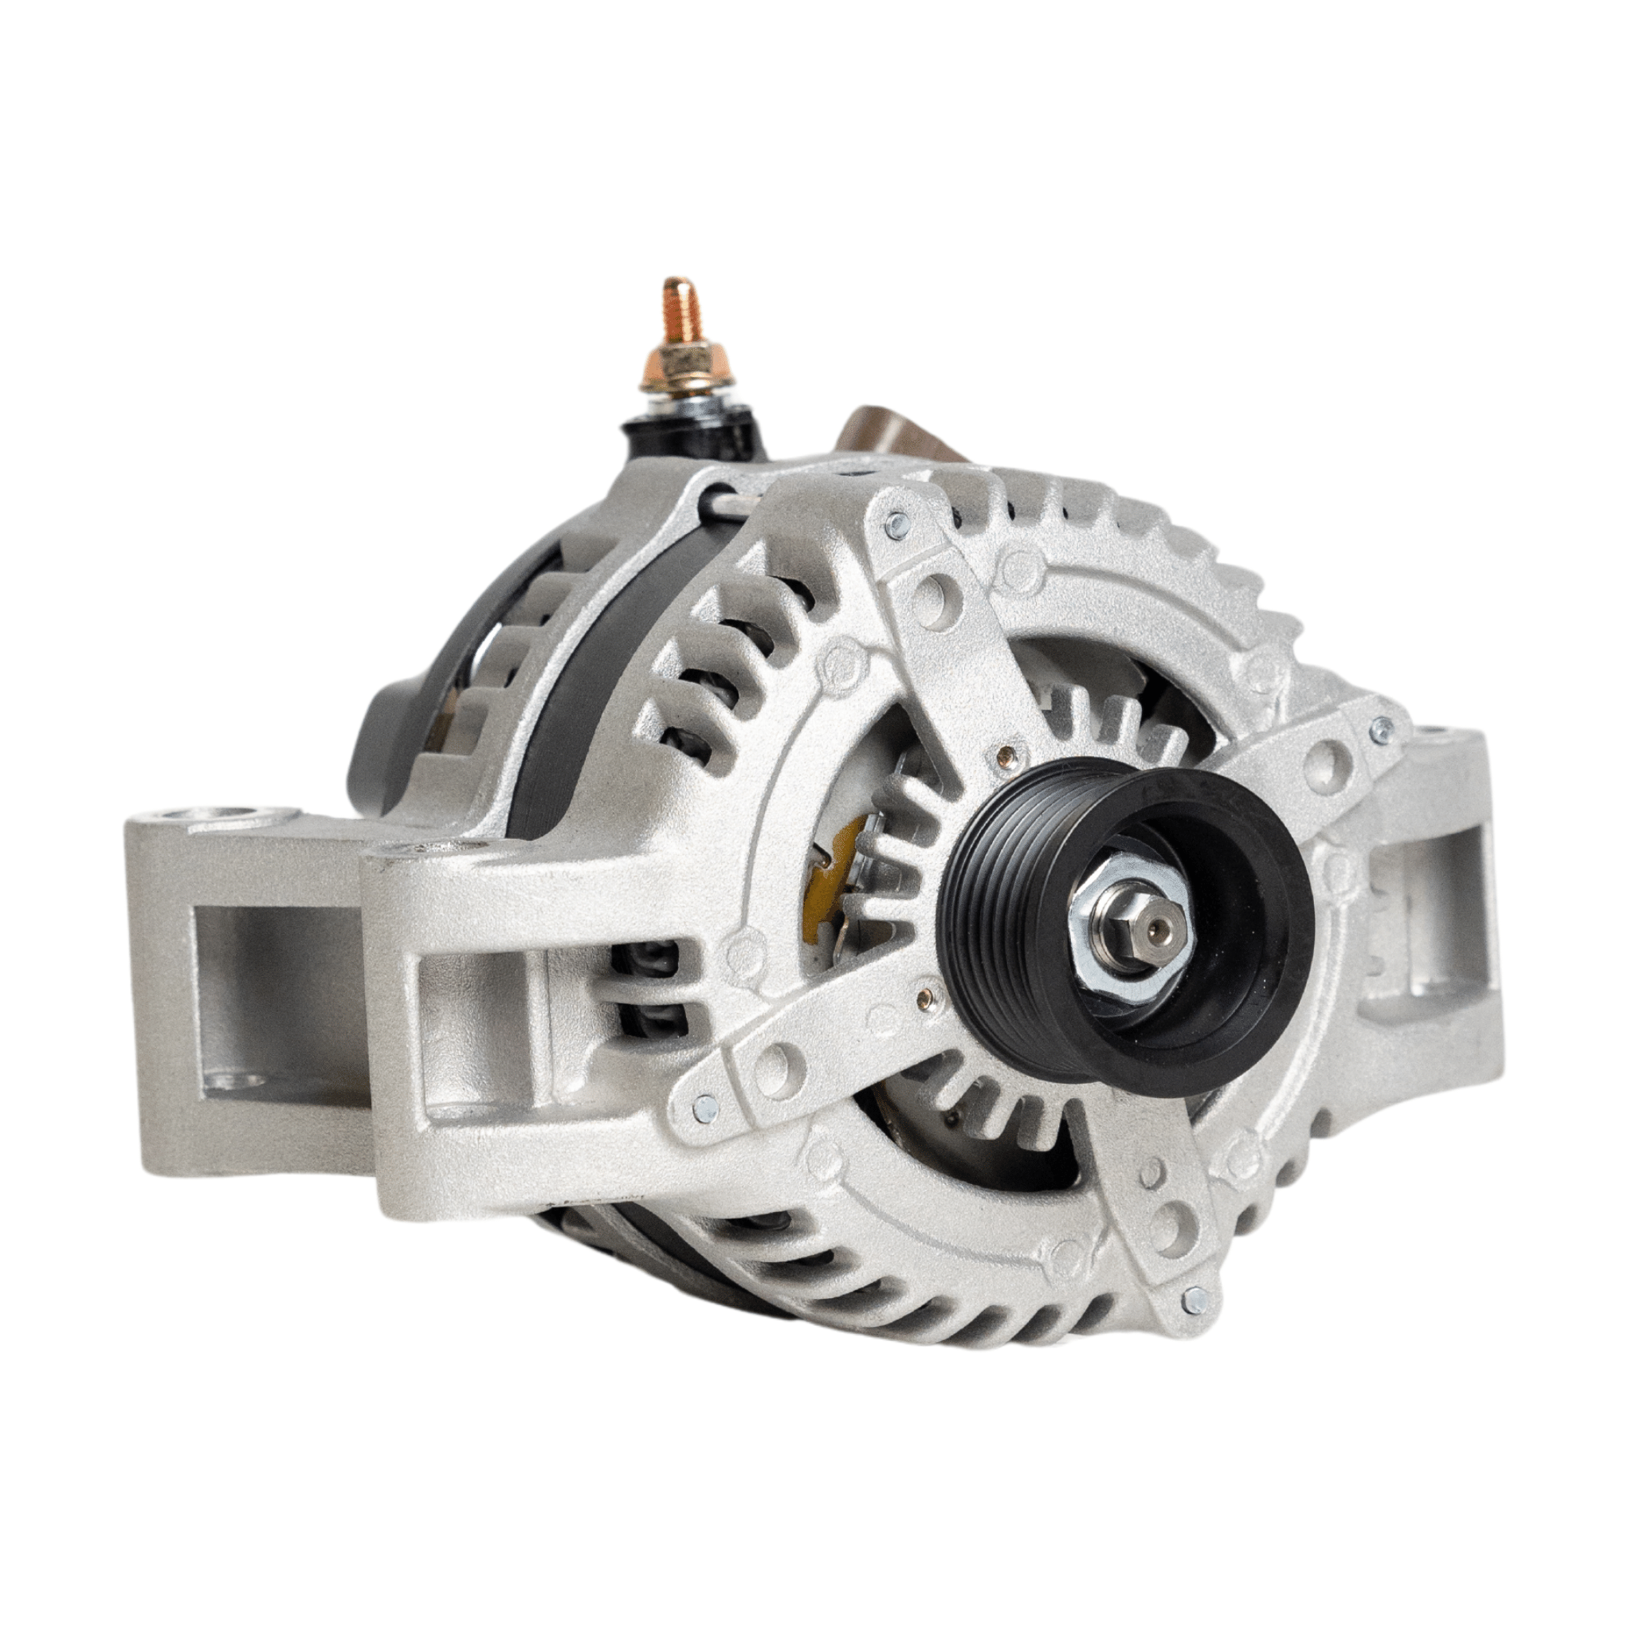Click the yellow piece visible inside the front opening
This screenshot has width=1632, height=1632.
[x=818, y=883]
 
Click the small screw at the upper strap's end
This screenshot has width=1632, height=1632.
[x=894, y=525]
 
